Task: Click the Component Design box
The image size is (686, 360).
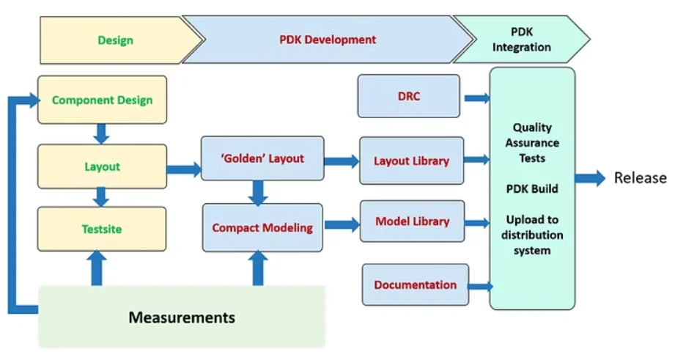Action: point(102,100)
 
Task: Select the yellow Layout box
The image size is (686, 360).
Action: point(102,166)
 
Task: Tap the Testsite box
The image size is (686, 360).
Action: point(102,229)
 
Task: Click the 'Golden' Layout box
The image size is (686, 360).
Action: point(262,158)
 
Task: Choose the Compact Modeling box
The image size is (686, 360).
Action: point(262,228)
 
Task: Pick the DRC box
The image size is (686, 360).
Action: point(408,96)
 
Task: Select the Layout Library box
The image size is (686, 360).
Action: point(411,161)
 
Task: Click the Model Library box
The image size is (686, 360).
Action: point(412,221)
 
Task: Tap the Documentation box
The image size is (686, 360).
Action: point(415,284)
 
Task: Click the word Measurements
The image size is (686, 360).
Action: point(182,317)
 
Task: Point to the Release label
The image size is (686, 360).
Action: point(640,177)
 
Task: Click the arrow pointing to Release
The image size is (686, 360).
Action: point(590,177)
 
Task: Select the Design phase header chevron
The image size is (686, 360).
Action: point(116,40)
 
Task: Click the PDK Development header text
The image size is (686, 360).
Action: point(328,40)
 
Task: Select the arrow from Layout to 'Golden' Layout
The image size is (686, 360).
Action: point(184,170)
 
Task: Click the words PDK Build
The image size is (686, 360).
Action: point(532,188)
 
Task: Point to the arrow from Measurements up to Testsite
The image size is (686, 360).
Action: point(95,268)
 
